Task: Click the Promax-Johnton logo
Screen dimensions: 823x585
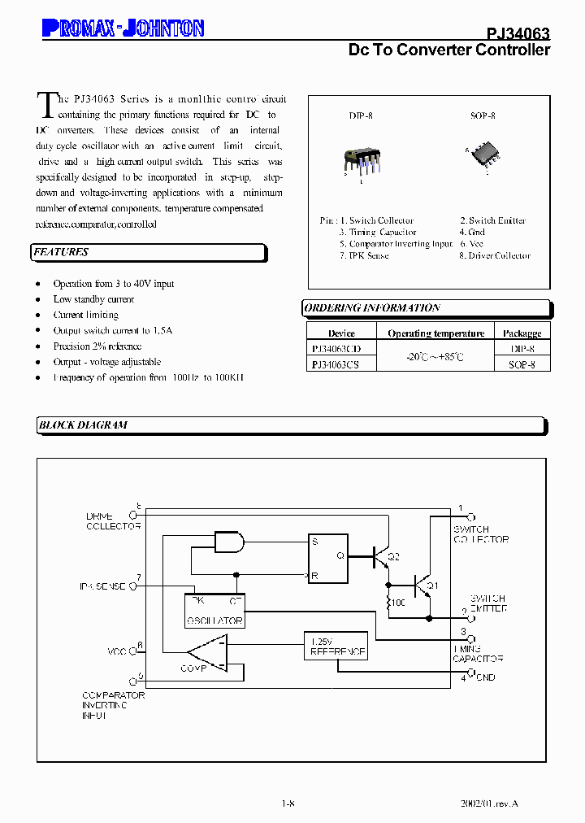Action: pos(122,29)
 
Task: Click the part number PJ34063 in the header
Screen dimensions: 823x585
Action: pos(518,33)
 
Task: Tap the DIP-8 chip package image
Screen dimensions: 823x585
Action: pos(359,159)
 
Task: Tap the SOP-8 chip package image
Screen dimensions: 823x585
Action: pos(483,154)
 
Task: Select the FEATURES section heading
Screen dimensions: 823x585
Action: pos(61,252)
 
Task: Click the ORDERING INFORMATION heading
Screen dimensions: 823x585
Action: pos(371,308)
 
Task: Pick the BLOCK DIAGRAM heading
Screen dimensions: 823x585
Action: pos(83,425)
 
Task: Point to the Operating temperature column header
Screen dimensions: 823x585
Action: pos(435,333)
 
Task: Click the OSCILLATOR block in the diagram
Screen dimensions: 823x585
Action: pos(214,611)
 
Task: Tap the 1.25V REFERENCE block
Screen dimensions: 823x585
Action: pos(336,647)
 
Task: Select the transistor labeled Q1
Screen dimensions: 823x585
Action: pos(422,585)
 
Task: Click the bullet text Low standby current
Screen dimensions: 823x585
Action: pos(93,299)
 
